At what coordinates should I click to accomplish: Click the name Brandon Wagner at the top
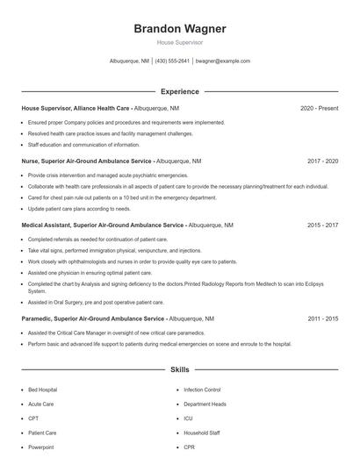click(x=179, y=29)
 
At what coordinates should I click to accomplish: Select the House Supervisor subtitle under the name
click(x=179, y=42)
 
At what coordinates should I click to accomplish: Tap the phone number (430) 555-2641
click(x=173, y=61)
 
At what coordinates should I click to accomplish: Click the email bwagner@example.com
click(x=223, y=61)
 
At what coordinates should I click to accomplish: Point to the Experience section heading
click(x=179, y=91)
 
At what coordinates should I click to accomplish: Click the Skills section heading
click(x=179, y=370)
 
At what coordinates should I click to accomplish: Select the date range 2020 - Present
click(x=319, y=108)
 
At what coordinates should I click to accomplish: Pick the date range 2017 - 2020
click(x=322, y=161)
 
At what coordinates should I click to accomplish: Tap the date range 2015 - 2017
click(x=322, y=225)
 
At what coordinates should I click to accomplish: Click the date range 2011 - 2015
click(x=322, y=318)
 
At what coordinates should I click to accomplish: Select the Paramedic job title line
click(x=93, y=318)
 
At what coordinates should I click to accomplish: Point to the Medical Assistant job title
click(x=102, y=225)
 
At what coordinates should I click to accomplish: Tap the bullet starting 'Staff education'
click(x=84, y=144)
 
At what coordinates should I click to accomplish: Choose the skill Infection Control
click(x=202, y=390)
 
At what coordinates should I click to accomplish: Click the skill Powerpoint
click(x=41, y=447)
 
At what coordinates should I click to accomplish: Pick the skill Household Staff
click(x=202, y=433)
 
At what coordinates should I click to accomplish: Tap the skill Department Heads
click(x=205, y=404)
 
